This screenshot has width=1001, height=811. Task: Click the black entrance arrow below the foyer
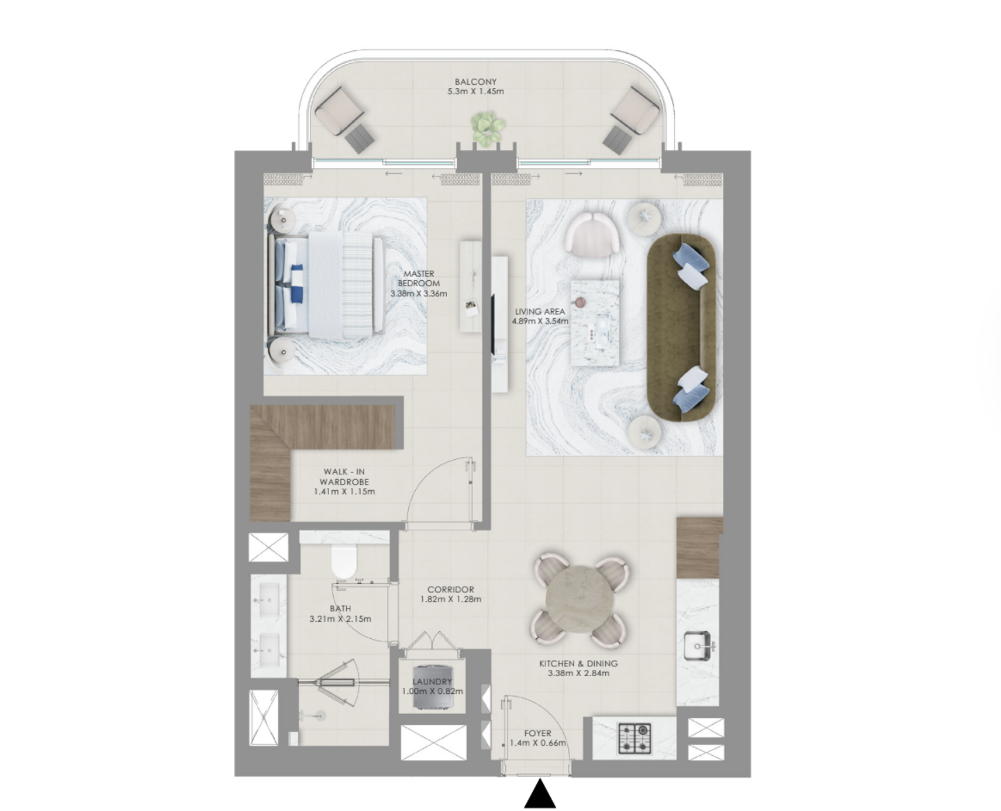coord(540,794)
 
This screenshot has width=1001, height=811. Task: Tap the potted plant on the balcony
coord(488,127)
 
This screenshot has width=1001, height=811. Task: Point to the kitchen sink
coord(697,646)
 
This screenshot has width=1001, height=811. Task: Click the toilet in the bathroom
coord(344,562)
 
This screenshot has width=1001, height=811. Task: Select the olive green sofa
coord(682,327)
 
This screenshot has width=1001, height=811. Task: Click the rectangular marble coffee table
coord(595,323)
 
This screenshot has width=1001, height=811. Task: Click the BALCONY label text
coord(476,82)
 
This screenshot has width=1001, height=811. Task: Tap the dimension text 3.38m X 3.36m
coord(419,294)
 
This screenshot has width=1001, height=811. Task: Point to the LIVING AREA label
coord(540,311)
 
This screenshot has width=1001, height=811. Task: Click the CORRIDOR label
coord(451,589)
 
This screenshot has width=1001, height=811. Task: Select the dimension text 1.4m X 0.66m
coord(538,744)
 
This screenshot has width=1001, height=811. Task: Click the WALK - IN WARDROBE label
coord(344,476)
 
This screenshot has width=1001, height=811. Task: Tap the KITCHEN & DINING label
coord(578,664)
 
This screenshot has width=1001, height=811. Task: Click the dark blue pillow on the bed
coord(297,283)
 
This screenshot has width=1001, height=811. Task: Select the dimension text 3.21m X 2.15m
coord(340,619)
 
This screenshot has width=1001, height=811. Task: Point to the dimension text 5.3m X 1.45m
coord(476,92)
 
